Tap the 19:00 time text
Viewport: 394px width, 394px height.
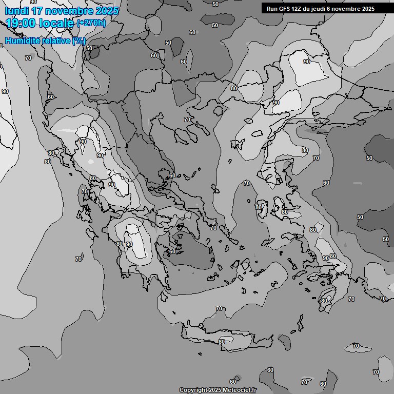21,23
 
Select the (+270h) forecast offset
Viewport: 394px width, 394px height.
92,23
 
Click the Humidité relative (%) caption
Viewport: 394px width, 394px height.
45,41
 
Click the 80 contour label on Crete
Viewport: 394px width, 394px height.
222,342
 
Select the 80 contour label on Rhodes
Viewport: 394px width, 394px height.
324,301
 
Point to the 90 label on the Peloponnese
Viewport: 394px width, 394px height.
129,244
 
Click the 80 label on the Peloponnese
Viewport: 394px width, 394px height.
120,244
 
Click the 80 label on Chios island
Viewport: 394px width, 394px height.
259,207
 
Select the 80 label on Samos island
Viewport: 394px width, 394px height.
285,212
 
